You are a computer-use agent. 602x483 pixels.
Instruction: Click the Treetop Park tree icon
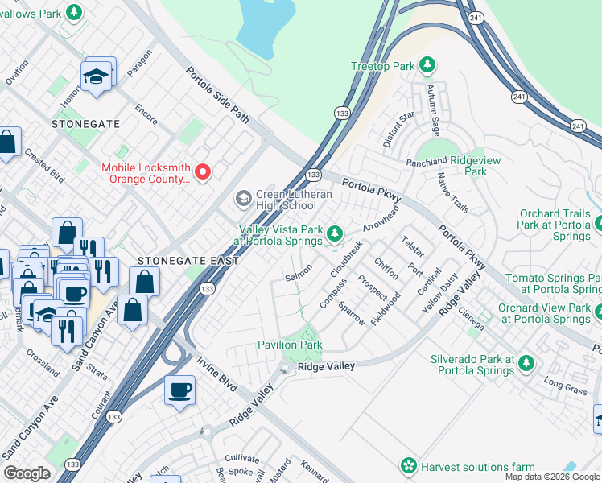click(430, 64)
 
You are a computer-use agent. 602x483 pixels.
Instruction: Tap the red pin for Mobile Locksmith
click(204, 171)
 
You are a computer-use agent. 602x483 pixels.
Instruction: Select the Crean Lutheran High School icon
click(242, 198)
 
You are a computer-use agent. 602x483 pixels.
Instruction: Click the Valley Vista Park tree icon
click(336, 234)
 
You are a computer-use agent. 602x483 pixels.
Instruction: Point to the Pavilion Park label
click(290, 345)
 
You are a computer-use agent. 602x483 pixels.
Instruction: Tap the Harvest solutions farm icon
click(409, 466)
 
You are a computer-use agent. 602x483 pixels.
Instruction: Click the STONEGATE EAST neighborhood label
click(188, 261)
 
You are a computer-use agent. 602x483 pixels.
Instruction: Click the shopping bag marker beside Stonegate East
click(144, 282)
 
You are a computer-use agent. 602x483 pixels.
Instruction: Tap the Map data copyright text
click(552, 477)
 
